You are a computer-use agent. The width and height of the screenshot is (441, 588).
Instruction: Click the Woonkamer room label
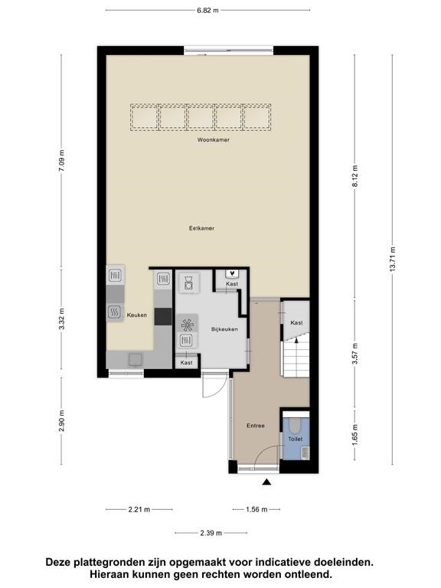[x=214, y=140]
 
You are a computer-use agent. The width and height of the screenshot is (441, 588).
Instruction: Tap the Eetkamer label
[x=202, y=228]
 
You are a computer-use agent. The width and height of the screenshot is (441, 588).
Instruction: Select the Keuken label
[x=137, y=315]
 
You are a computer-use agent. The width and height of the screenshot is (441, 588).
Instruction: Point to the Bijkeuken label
[x=224, y=329]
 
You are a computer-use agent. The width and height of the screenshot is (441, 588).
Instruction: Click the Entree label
[x=256, y=426]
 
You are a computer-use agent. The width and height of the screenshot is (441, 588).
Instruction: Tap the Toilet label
[x=295, y=439]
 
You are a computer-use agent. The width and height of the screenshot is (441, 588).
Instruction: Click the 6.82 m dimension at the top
[x=207, y=11]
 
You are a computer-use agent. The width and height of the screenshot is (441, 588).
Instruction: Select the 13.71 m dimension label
[x=393, y=260]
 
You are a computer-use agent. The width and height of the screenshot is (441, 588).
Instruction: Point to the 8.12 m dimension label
[x=355, y=176]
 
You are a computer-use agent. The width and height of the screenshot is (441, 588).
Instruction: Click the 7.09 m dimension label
[x=62, y=161]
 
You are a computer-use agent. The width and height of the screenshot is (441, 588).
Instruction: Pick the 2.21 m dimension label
[x=139, y=509]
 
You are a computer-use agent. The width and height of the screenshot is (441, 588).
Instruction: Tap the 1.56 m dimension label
[x=256, y=509]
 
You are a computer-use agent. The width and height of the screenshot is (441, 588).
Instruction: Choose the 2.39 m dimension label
[x=211, y=533]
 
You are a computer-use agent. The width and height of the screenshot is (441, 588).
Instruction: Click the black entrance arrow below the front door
[x=266, y=482]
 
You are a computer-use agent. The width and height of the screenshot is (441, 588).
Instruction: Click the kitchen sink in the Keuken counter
[x=136, y=360]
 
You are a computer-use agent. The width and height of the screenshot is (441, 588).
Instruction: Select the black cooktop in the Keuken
[x=163, y=316]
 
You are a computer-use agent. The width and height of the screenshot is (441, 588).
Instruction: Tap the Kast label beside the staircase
[x=296, y=322]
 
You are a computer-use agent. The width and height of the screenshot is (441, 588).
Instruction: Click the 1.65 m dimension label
[x=355, y=435]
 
